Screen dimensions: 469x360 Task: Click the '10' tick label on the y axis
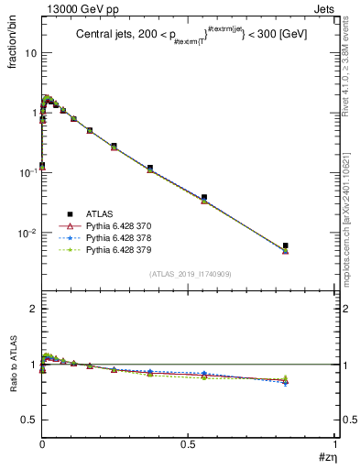tap(30, 53)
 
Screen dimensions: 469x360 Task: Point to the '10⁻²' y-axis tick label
tap(28, 233)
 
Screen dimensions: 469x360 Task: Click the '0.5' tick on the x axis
tap(188, 443)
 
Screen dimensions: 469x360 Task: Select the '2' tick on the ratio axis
tap(34, 309)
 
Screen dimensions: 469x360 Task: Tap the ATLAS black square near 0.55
tap(204, 197)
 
